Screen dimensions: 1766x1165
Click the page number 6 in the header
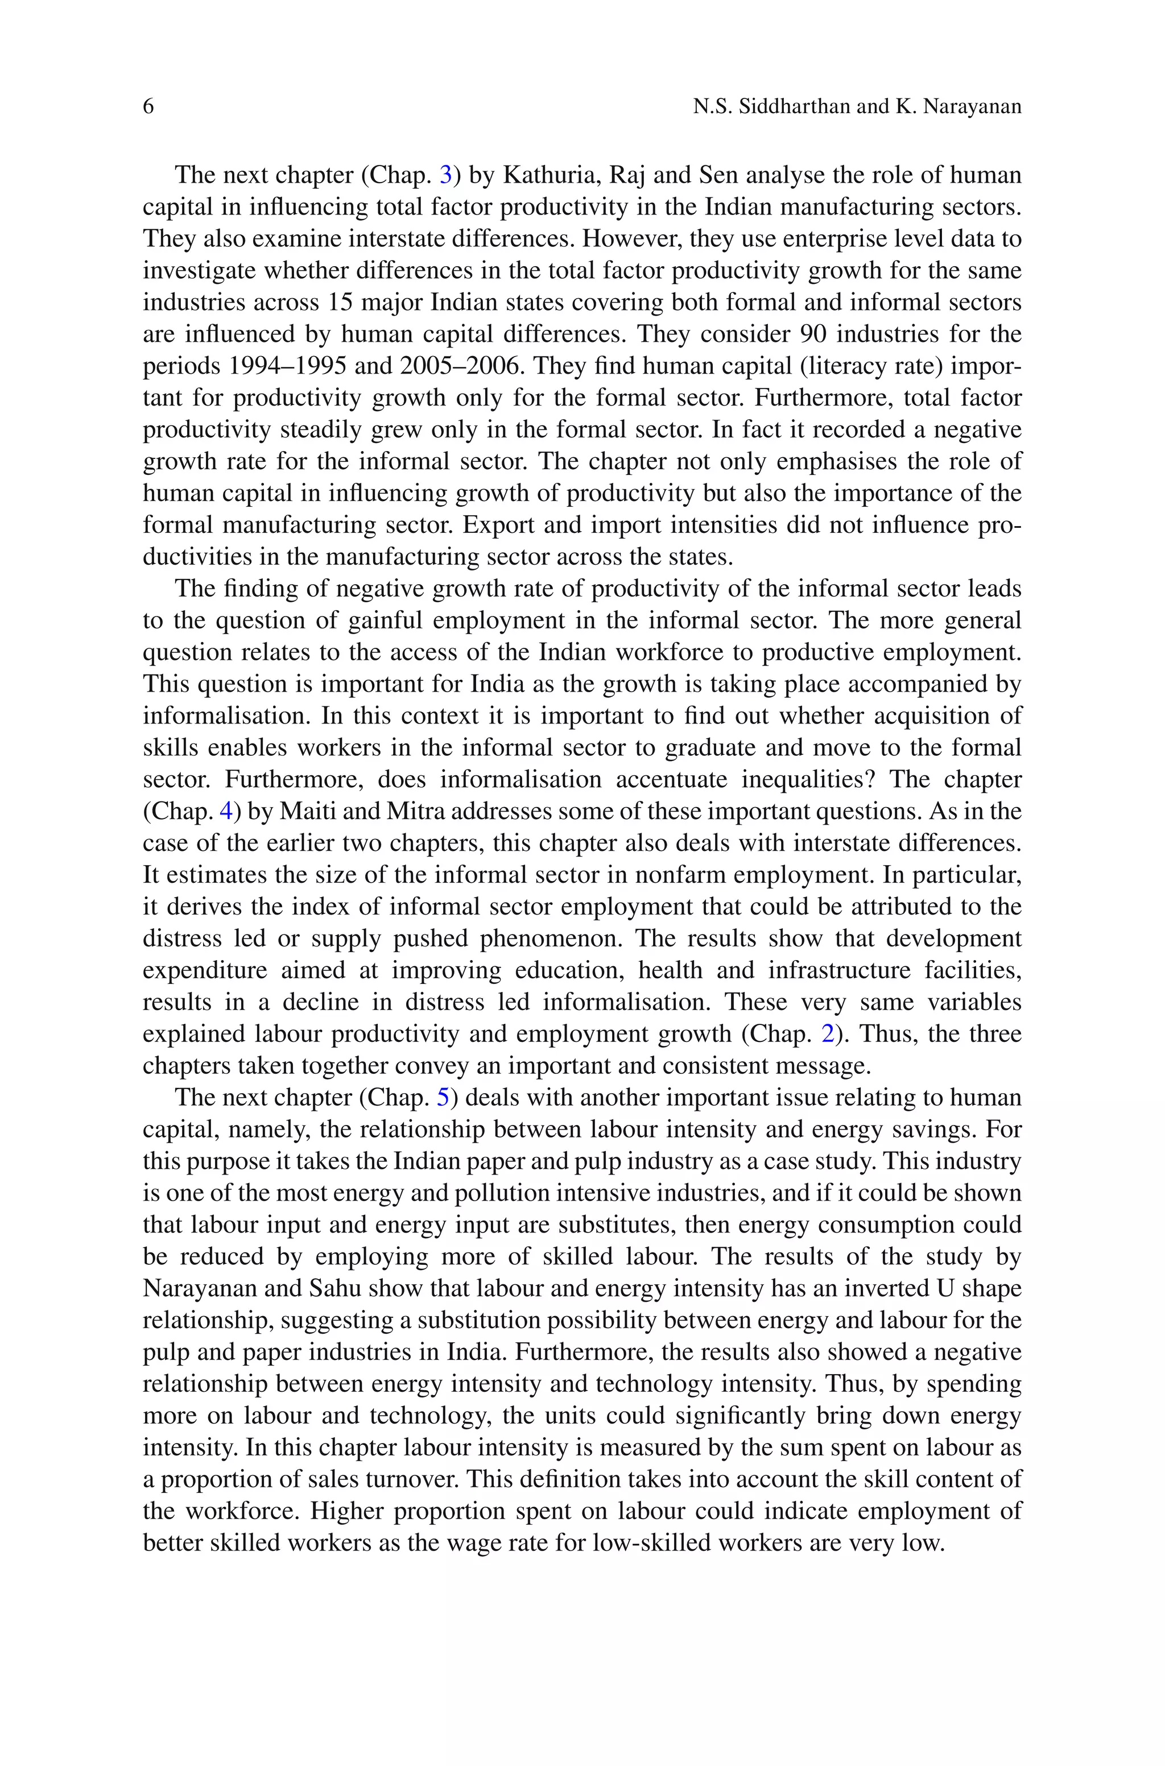pyautogui.click(x=148, y=107)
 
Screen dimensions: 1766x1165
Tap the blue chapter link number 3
pyautogui.click(x=446, y=175)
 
